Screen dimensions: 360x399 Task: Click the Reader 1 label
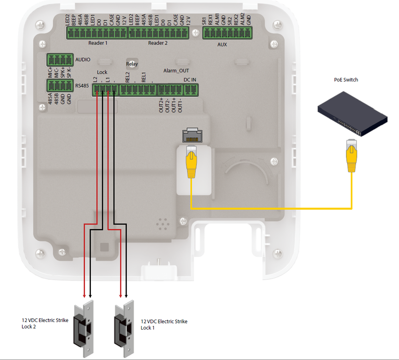pos(98,43)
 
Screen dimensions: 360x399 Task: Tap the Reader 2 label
pos(158,43)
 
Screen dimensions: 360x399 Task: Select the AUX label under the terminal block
pos(222,44)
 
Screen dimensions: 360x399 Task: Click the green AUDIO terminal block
pos(60,60)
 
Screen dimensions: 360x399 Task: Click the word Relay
pos(132,64)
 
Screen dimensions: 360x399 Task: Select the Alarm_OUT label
pos(176,71)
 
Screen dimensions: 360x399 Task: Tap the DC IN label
pos(190,80)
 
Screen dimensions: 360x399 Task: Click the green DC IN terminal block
pos(191,90)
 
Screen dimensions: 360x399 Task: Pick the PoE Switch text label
pos(346,80)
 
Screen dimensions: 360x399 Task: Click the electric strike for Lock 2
pos(84,324)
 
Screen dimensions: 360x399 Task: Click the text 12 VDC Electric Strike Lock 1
pos(164,325)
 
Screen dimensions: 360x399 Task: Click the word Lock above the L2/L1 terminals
pos(102,72)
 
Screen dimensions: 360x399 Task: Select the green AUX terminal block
pos(227,33)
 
